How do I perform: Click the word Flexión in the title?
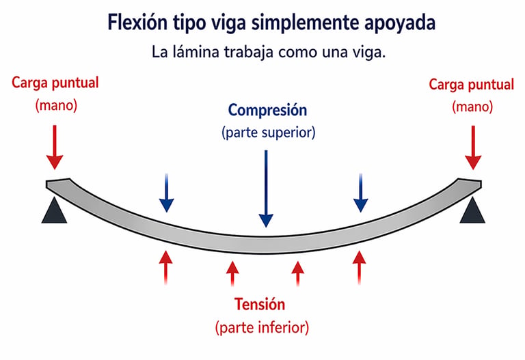click(137, 23)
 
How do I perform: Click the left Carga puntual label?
click(55, 83)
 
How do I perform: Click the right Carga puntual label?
click(471, 85)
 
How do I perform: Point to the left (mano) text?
click(56, 105)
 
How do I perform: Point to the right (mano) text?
click(472, 107)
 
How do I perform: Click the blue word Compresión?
click(267, 111)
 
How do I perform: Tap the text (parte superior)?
click(268, 133)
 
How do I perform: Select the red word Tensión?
click(260, 305)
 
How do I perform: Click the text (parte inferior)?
click(262, 327)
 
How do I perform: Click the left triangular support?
click(54, 210)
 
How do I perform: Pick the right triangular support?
click(472, 210)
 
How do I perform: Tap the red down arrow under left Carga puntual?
click(55, 148)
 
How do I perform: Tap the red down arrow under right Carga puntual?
click(473, 148)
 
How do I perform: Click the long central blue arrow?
click(266, 189)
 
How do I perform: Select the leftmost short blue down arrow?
click(166, 193)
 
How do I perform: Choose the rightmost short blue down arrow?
click(361, 193)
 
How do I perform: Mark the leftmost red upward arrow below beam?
click(165, 268)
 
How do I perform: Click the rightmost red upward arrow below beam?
click(360, 268)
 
